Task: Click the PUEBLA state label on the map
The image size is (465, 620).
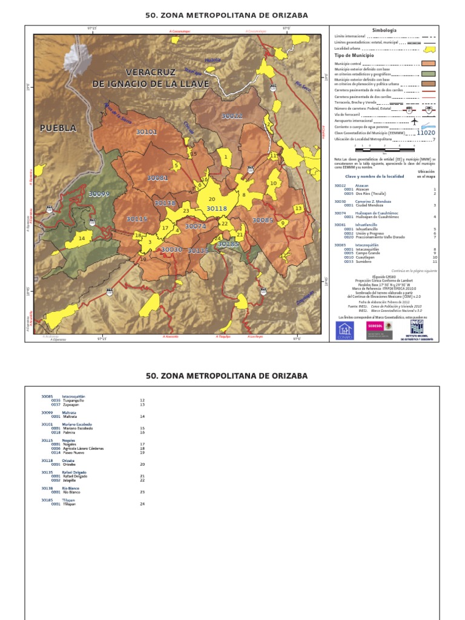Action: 58,128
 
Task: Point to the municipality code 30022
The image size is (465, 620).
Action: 231,116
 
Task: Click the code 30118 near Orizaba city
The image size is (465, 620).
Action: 216,208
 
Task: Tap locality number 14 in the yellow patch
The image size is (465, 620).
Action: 82,239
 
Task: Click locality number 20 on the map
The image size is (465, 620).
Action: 211,199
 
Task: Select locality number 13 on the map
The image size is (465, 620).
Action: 298,208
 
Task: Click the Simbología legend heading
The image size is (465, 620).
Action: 384,30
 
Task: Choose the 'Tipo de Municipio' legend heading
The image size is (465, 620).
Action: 357,55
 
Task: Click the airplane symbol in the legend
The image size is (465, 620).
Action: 415,121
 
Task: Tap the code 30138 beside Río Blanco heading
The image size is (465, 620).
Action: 47,488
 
